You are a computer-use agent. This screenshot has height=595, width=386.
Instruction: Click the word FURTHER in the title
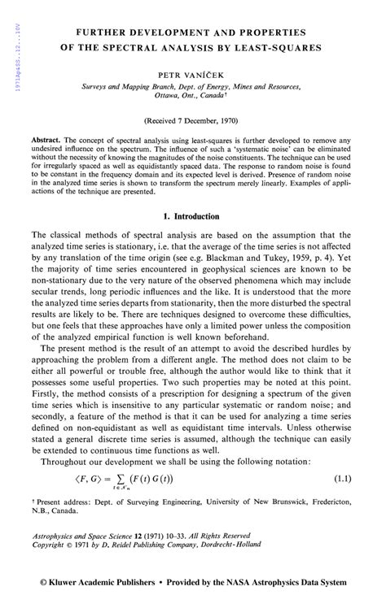[100, 33]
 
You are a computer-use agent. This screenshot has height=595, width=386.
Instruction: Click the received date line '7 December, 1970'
[204, 119]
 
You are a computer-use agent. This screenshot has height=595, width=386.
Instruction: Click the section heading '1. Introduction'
[191, 217]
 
